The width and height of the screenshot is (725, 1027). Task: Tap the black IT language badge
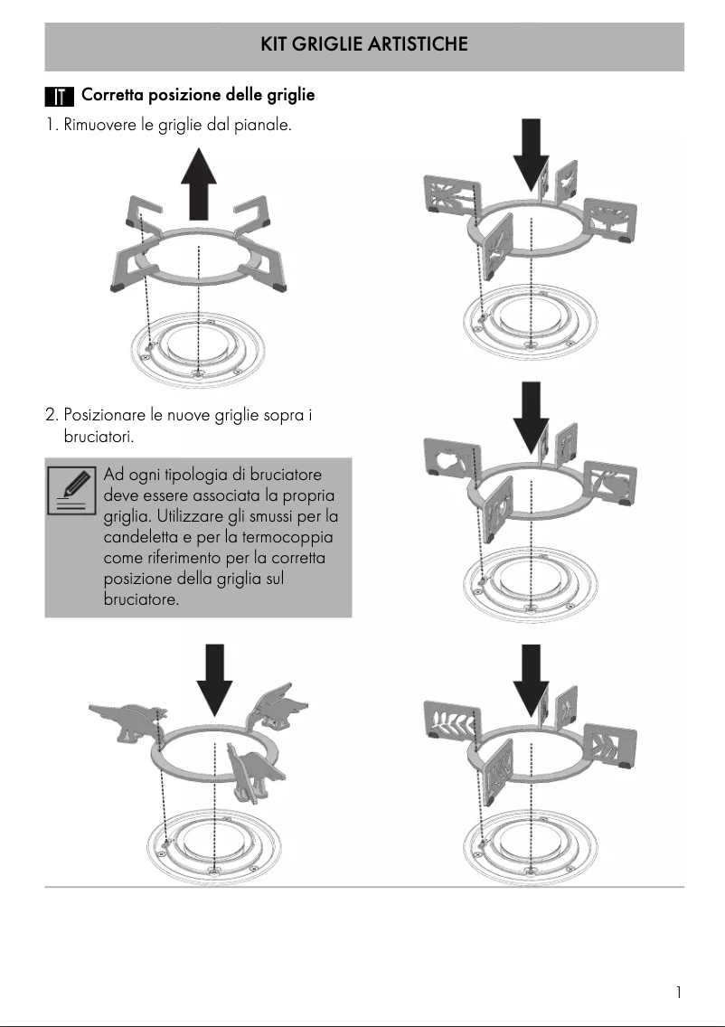coord(59,96)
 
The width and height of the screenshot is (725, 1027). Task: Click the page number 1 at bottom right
coord(678,993)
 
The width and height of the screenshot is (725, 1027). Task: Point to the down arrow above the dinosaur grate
coord(214,677)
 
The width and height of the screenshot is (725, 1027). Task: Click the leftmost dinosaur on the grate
coord(127,719)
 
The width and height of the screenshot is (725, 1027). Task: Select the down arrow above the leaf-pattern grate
coord(531,679)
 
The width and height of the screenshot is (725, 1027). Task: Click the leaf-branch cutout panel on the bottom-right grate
coord(450,723)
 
